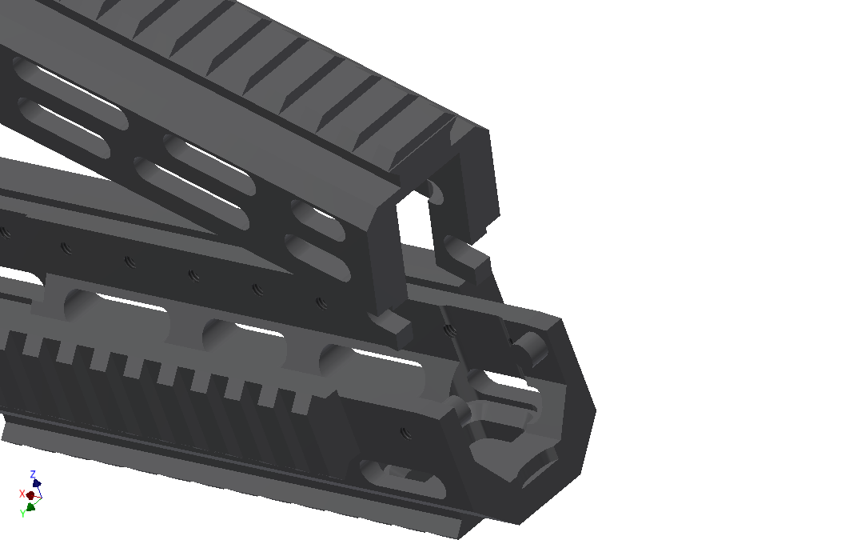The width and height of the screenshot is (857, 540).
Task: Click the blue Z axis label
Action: tap(33, 474)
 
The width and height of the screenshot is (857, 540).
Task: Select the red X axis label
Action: tap(22, 494)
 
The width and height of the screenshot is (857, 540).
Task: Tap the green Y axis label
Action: tap(22, 514)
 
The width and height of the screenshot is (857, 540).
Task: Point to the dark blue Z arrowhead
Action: tap(37, 483)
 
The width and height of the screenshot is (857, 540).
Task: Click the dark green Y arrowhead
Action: tap(30, 506)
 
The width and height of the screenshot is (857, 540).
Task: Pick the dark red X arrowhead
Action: tap(30, 495)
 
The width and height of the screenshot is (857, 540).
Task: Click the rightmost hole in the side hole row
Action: tap(322, 303)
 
